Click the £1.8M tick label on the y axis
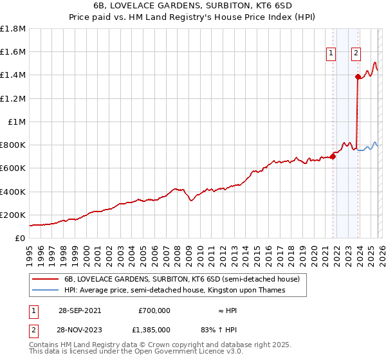[13, 29]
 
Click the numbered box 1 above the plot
[331, 54]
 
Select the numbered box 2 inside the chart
[355, 54]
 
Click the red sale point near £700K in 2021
[333, 156]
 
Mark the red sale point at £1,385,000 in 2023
[358, 76]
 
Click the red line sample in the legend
[46, 280]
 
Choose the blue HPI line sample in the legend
[46, 291]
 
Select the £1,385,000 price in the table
[154, 330]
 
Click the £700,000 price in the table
[154, 310]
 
